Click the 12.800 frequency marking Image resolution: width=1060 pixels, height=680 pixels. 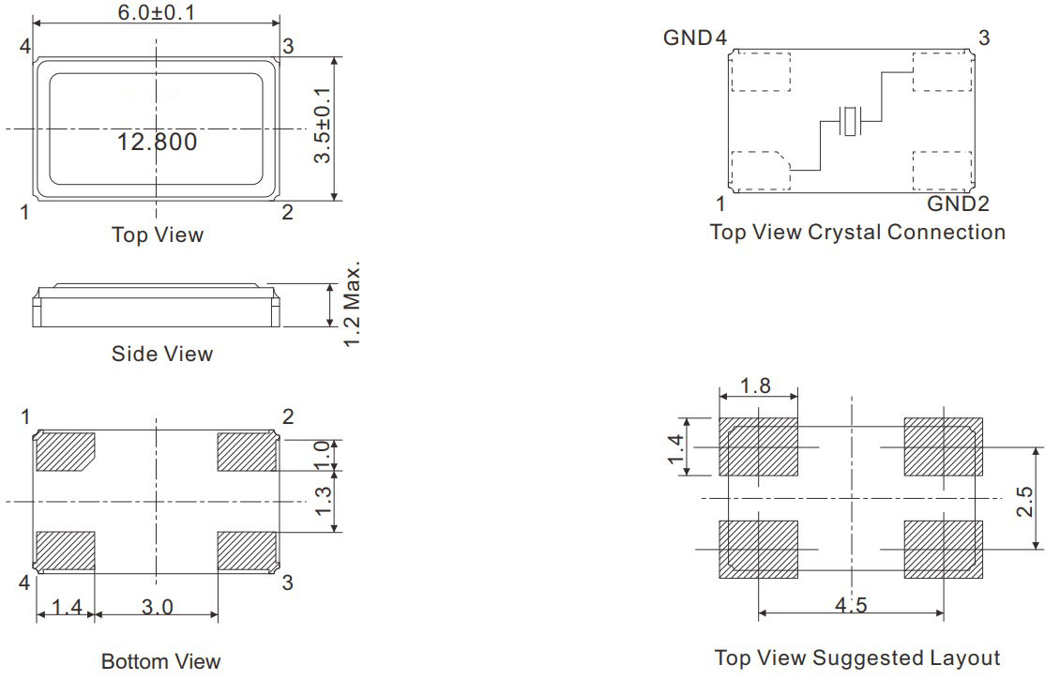tap(157, 142)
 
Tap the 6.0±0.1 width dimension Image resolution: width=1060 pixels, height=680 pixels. tap(156, 12)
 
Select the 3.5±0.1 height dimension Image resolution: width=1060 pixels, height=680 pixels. tap(323, 125)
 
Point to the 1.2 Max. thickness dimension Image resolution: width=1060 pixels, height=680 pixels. tap(352, 304)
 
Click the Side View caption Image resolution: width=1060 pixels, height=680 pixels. tap(162, 354)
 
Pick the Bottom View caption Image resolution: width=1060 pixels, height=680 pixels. tap(161, 661)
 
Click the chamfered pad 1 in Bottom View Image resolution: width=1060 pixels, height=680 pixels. tap(65, 451)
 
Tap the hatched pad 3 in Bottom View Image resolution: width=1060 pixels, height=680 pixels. tap(247, 551)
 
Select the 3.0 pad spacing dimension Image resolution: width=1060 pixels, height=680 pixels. tap(157, 607)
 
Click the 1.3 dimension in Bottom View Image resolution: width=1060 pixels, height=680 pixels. tap(324, 501)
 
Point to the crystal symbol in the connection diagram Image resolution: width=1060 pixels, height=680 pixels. tap(851, 122)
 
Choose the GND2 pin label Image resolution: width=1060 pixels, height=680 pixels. tap(958, 204)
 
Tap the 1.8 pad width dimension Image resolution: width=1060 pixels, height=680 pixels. tap(755, 386)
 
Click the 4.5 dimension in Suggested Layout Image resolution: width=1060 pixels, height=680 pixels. tap(851, 604)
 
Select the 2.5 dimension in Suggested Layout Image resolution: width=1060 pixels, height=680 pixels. tap(1025, 502)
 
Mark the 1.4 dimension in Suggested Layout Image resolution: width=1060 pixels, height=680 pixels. tap(676, 449)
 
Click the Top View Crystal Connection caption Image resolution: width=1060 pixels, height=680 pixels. tap(858, 232)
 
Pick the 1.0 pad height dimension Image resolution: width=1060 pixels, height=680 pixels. tap(323, 454)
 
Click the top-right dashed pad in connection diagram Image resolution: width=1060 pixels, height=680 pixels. tap(943, 71)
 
